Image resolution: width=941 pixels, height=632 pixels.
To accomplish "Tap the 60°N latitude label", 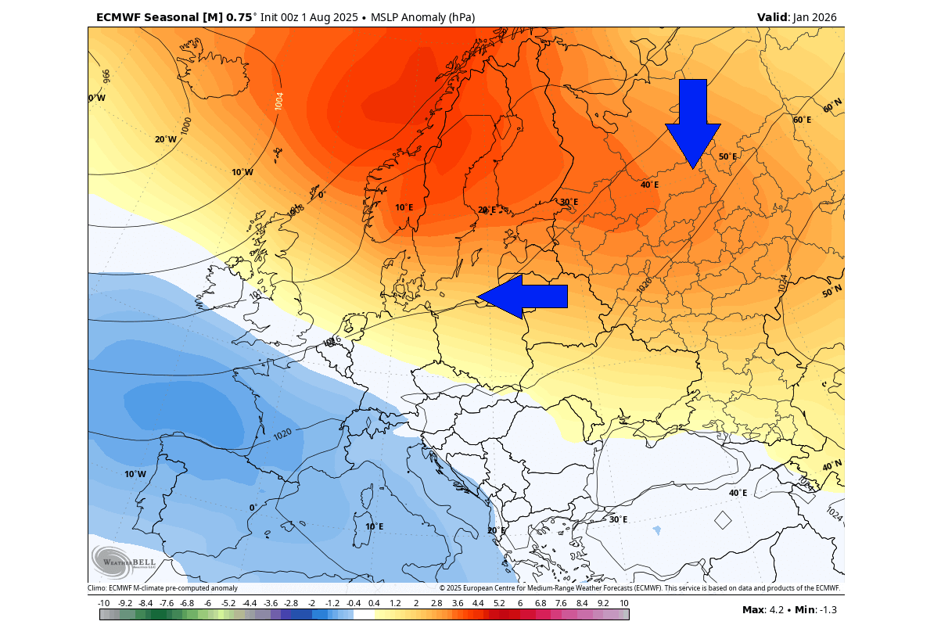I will [831, 105].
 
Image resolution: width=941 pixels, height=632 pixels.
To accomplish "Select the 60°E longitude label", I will [802, 120].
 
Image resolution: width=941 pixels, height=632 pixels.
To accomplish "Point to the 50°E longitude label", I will [727, 156].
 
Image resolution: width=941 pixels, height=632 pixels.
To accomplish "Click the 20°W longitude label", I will [165, 139].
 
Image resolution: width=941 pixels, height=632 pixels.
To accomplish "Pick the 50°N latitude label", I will [831, 291].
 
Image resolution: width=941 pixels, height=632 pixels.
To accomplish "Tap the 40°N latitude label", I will [831, 465].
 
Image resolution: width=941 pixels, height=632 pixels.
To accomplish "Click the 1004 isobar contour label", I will [279, 101].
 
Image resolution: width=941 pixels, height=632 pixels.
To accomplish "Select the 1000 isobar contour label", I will [186, 126].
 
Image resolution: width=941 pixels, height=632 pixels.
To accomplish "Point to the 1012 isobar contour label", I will [258, 293].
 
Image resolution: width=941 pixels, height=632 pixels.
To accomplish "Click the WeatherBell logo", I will [124, 562].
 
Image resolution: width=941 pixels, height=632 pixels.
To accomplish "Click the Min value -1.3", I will [827, 610].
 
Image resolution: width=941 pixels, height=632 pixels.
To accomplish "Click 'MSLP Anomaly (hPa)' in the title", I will [422, 17].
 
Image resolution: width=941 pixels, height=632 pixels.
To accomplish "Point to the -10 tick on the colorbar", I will [103, 603].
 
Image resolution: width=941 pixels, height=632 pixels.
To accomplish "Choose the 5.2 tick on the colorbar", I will [499, 603].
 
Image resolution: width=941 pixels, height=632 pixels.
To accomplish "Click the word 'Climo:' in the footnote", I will [98, 588].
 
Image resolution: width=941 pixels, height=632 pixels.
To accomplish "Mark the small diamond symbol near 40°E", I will [723, 520].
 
